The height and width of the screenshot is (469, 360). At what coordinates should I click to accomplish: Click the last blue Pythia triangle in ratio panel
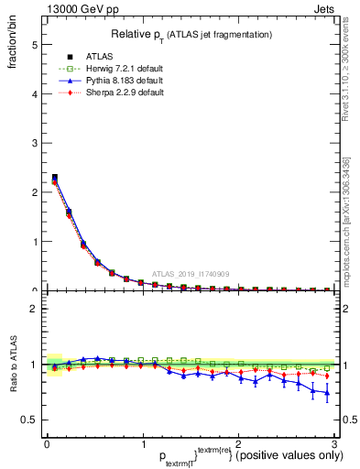(326, 394)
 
